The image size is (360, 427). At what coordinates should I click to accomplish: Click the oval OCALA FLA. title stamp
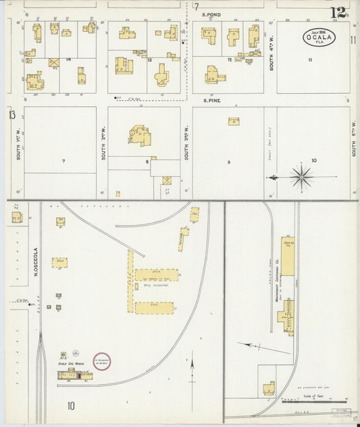coord(317,37)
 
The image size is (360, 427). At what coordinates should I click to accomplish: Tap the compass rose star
coord(301,177)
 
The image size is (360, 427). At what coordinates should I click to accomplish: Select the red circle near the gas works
coord(101,361)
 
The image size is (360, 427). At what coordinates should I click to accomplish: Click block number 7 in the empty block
coord(63,161)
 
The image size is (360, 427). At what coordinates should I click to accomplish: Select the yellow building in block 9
coord(233,122)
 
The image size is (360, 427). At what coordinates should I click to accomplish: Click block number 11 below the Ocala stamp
coord(310,61)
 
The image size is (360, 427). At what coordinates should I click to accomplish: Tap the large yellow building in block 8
coord(141,135)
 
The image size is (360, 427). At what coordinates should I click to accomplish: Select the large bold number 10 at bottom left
coord(71,406)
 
